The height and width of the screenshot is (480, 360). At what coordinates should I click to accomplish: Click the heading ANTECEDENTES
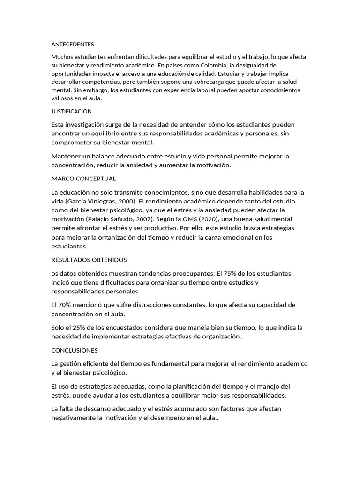pos(73,45)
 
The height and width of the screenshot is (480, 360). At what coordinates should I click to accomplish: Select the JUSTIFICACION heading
pos(72,112)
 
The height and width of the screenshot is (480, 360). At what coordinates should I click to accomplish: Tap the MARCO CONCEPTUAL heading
pos(84,179)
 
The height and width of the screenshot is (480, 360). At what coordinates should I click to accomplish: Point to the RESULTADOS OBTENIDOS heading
pos(89,260)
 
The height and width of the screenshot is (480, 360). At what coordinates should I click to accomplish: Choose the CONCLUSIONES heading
pos(75,350)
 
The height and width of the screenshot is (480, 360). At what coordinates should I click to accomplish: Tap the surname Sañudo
pos(129,219)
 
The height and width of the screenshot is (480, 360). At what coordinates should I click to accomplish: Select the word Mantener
pos(67,156)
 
